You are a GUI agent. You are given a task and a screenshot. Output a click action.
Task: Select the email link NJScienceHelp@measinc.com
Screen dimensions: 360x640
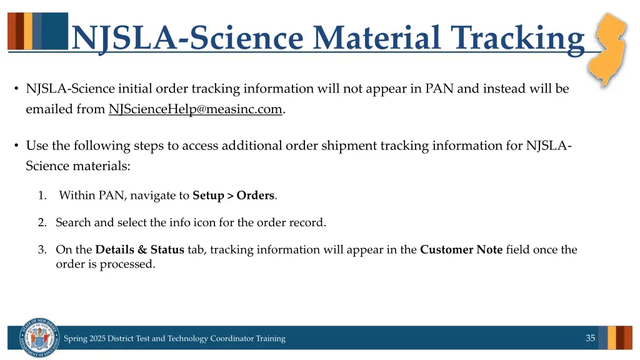click(x=196, y=109)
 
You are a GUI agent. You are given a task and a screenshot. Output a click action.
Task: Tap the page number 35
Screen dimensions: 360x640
click(x=590, y=338)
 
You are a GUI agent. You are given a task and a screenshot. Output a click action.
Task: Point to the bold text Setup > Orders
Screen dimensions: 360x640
click(x=233, y=196)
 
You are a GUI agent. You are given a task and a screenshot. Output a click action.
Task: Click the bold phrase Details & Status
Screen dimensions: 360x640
click(x=139, y=250)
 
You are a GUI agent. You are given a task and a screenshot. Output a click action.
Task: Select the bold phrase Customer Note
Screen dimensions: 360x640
click(x=461, y=250)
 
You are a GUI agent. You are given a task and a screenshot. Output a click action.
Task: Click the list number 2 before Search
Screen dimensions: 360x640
click(x=42, y=222)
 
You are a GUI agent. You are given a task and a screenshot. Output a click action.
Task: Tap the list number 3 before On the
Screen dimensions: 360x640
click(x=42, y=250)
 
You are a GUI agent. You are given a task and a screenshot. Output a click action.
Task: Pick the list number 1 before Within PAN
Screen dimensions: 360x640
click(x=42, y=196)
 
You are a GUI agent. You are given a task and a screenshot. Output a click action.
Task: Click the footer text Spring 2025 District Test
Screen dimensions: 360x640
click(x=174, y=339)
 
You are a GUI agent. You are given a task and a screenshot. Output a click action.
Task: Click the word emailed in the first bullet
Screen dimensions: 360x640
click(x=46, y=109)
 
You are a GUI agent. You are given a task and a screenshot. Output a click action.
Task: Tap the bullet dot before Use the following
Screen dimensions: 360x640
click(x=16, y=146)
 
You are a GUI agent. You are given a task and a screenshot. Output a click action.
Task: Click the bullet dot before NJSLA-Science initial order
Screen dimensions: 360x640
click(x=16, y=89)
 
